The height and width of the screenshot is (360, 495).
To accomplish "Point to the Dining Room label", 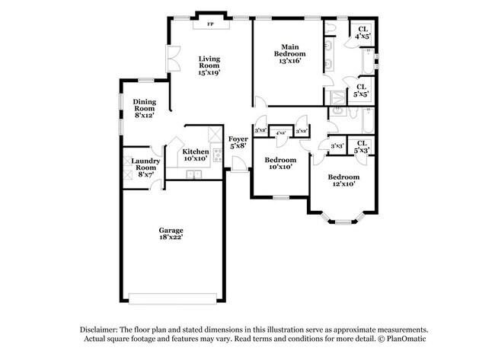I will (x=145, y=108).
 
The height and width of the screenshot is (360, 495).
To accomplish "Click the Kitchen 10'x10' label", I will (x=195, y=155).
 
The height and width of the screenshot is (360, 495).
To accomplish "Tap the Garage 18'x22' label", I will (x=171, y=233).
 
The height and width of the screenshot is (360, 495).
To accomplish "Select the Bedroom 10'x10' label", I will (x=279, y=164).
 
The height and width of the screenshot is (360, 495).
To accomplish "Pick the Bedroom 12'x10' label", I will (x=343, y=180).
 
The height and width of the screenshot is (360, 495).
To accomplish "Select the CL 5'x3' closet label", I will (x=362, y=146).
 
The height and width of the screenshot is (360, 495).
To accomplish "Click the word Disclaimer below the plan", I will (x=101, y=329).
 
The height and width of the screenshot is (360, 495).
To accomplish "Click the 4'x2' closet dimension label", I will (x=281, y=132).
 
